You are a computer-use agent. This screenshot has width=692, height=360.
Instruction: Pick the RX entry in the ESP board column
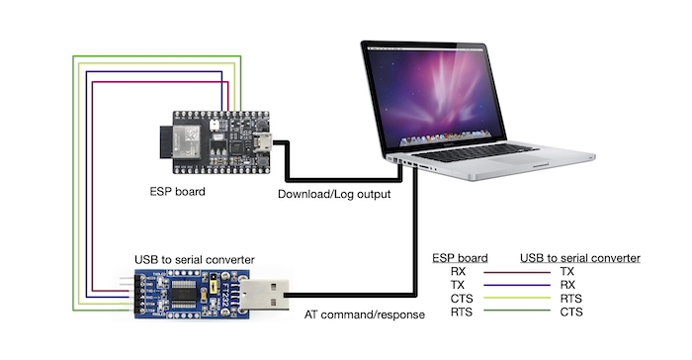coord(457,271)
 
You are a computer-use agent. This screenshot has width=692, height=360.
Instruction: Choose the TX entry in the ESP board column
coord(457,285)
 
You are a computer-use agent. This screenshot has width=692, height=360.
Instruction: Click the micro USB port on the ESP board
coord(264,141)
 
